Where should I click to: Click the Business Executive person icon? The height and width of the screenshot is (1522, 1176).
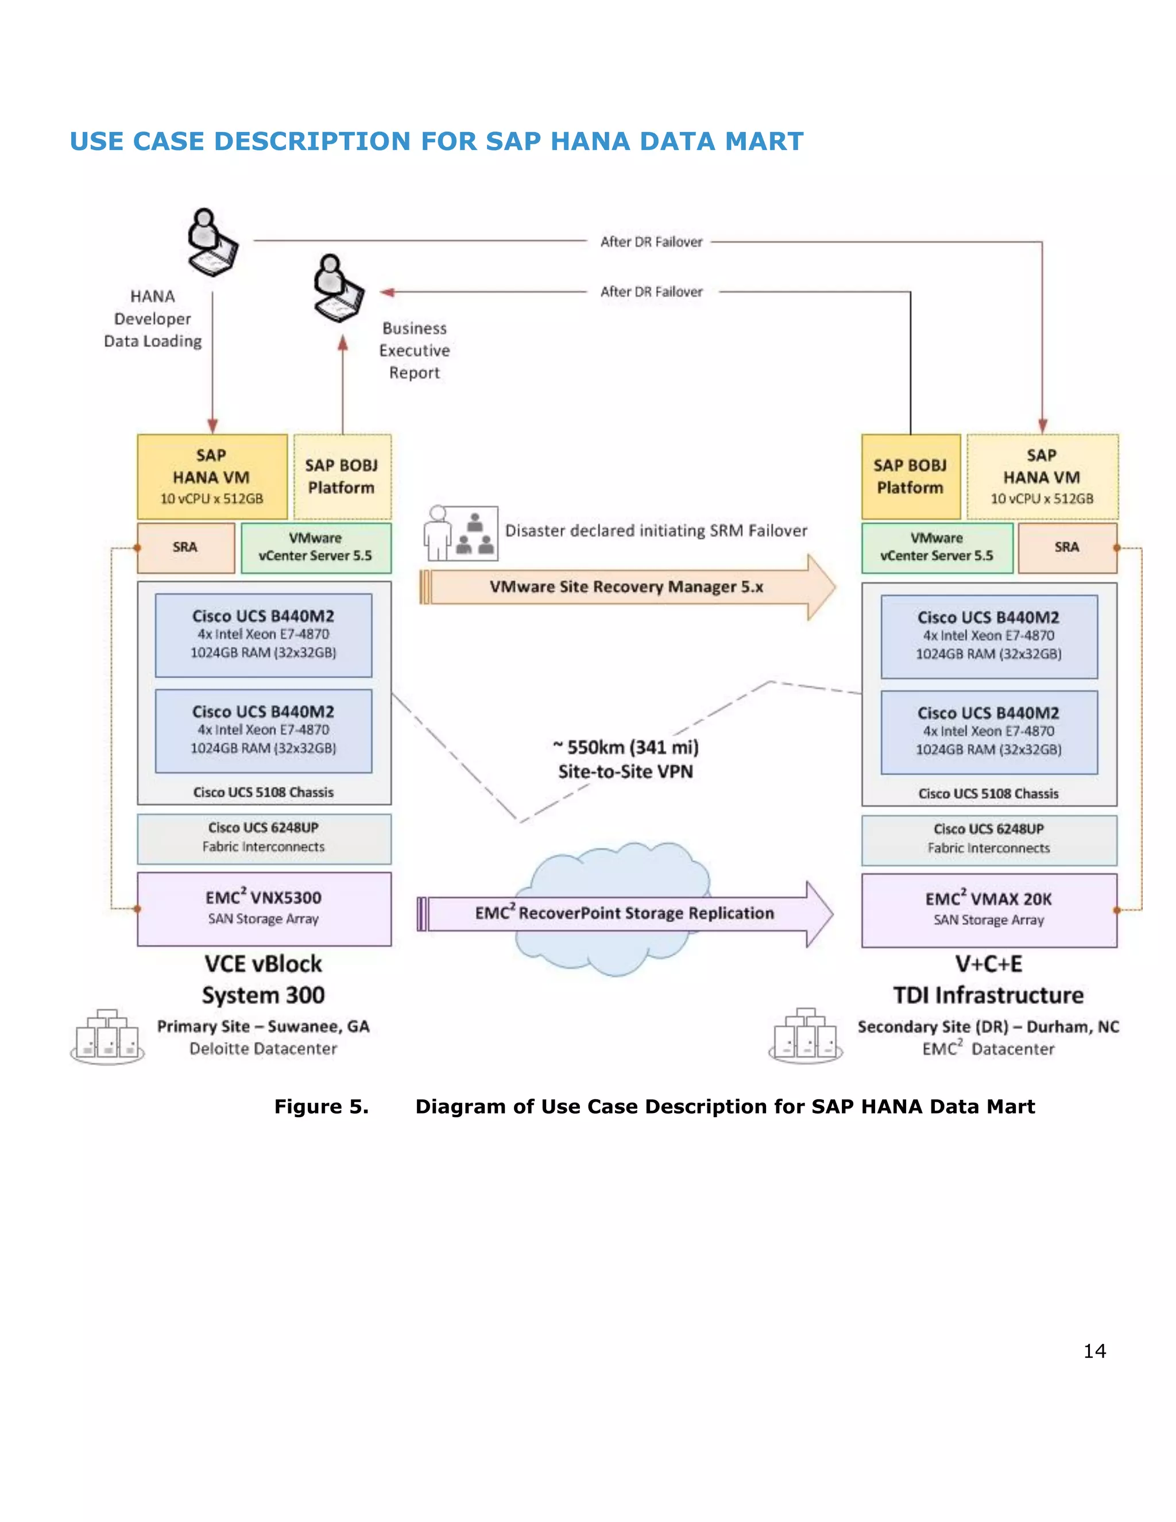pyautogui.click(x=338, y=288)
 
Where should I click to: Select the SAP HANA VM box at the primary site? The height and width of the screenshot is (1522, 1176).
pyautogui.click(x=212, y=477)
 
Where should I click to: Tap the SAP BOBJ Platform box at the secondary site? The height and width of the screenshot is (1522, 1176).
pyautogui.click(x=910, y=477)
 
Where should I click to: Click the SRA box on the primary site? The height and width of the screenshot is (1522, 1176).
pyautogui.click(x=185, y=548)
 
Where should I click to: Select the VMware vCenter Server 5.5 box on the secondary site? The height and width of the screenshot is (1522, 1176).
pyautogui.click(x=937, y=548)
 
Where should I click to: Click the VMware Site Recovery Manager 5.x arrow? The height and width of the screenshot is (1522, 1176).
pyautogui.click(x=626, y=587)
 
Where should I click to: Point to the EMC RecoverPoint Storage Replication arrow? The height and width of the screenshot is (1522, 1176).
pyautogui.click(x=624, y=914)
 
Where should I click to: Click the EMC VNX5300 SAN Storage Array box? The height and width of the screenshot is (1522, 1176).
pyautogui.click(x=264, y=909)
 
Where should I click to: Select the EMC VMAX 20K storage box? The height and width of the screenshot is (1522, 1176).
pyautogui.click(x=989, y=910)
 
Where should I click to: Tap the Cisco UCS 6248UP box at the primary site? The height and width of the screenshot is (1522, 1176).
pyautogui.click(x=264, y=839)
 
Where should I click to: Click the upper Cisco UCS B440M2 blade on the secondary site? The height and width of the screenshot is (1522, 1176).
pyautogui.click(x=989, y=636)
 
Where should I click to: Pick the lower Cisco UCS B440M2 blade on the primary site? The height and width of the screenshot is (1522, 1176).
pyautogui.click(x=264, y=731)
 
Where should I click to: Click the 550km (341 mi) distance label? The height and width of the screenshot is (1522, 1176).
pyautogui.click(x=626, y=748)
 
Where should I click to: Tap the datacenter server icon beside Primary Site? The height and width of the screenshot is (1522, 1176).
pyautogui.click(x=107, y=1036)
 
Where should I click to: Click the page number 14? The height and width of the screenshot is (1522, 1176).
pyautogui.click(x=1094, y=1351)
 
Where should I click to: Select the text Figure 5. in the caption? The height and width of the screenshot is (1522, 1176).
pyautogui.click(x=321, y=1107)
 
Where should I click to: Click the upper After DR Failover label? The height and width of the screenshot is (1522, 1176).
pyautogui.click(x=651, y=242)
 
